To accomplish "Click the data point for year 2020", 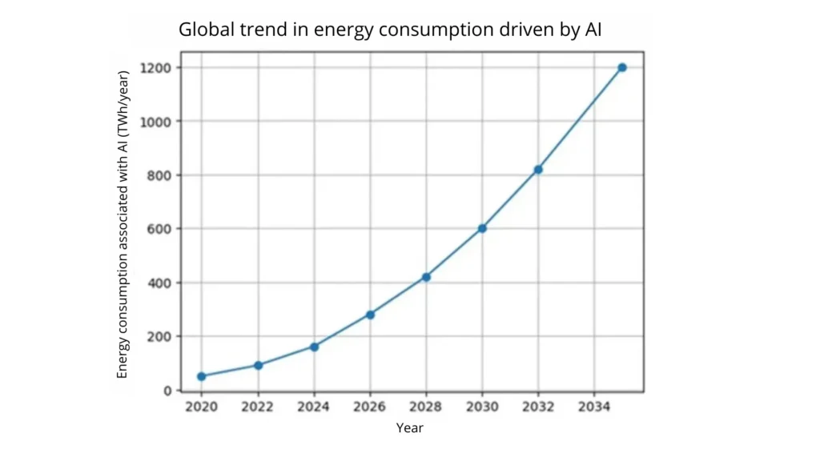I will [x=201, y=376].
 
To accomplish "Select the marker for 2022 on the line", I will [x=258, y=365].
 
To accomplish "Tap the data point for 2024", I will [x=314, y=347].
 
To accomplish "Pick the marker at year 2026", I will [x=370, y=315].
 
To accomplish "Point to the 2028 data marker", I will [x=426, y=277].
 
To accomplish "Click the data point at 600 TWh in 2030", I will [x=482, y=228].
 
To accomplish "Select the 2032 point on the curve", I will [x=538, y=170].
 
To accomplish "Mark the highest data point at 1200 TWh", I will [x=622, y=67].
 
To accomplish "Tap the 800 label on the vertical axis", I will [x=160, y=174].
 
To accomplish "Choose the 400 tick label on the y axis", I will [x=160, y=283].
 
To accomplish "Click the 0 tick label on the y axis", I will [x=167, y=391].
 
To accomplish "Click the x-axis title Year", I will [x=410, y=428].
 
